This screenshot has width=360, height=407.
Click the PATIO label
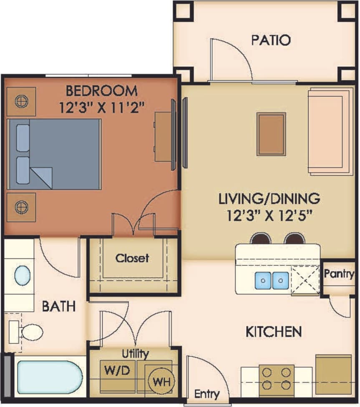(x=271, y=40)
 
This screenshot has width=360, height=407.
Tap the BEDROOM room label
(x=101, y=90)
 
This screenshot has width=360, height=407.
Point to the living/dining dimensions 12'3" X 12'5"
(x=270, y=215)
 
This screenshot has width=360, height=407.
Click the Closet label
(x=132, y=258)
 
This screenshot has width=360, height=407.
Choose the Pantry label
(x=339, y=274)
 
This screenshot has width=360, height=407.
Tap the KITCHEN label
(x=273, y=332)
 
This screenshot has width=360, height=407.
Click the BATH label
(x=59, y=307)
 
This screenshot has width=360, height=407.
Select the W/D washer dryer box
(x=117, y=369)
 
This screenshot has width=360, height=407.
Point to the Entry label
(x=207, y=394)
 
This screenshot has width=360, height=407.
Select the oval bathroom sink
(x=23, y=276)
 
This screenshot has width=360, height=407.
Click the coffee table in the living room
(x=271, y=134)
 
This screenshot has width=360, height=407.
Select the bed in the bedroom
(x=55, y=154)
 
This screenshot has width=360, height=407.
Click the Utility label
(x=135, y=354)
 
